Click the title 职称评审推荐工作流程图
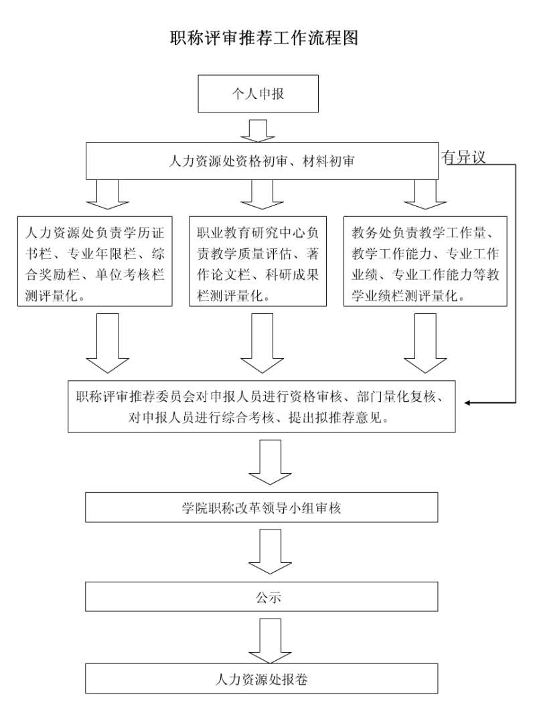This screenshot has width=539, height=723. pos(264,38)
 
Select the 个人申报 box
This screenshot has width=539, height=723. pos(258,94)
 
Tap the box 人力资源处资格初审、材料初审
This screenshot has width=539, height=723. pos(262,161)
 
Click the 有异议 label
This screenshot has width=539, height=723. pos(463,157)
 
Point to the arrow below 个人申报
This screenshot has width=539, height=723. pos(258,130)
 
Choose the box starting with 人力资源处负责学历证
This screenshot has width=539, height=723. pos(94,261)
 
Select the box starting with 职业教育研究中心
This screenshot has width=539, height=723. pos(258,261)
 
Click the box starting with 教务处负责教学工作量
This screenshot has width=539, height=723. pos(425,261)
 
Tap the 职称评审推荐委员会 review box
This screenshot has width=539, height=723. pos(262,406)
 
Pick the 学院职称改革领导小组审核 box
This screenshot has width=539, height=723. pos(262,507)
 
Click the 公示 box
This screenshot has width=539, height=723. pos(262,596)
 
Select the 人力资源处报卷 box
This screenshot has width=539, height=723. pos(262,679)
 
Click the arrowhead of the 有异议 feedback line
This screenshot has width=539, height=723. pos(469,403)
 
